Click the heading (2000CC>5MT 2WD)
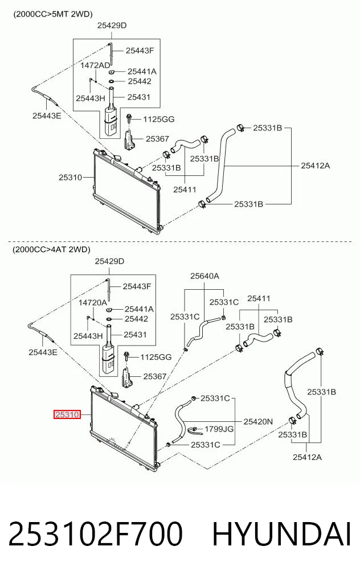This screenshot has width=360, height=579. (x=53, y=14)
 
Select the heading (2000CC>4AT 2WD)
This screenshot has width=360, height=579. (x=51, y=249)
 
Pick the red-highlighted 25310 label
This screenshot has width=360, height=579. (x=67, y=414)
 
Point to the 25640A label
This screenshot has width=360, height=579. (x=204, y=276)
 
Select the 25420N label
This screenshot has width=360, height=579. (x=258, y=421)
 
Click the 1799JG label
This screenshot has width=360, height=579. (x=219, y=429)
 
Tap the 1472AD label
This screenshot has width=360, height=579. (x=95, y=65)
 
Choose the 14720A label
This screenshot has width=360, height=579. (x=93, y=303)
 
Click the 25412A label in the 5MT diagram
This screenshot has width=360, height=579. (x=315, y=166)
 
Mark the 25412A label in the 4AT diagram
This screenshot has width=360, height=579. (x=307, y=457)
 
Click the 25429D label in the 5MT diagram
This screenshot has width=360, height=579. (x=112, y=26)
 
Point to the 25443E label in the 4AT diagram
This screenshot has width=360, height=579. (x=43, y=352)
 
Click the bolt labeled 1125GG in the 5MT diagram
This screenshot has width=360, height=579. (x=128, y=118)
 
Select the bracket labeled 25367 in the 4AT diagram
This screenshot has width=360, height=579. (x=126, y=377)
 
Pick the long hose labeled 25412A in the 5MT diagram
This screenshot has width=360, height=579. (x=221, y=165)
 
